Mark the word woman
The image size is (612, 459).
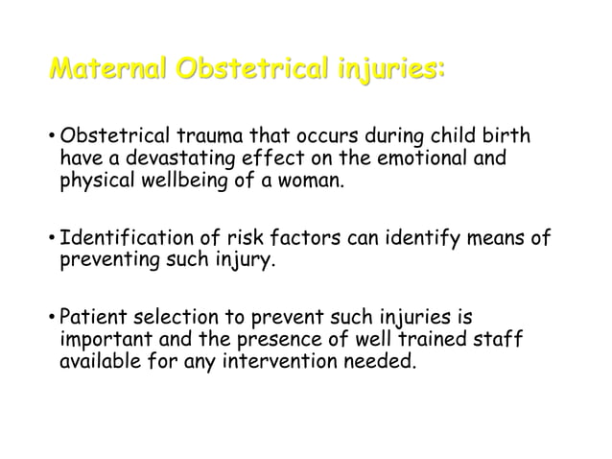[x=306, y=181]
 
